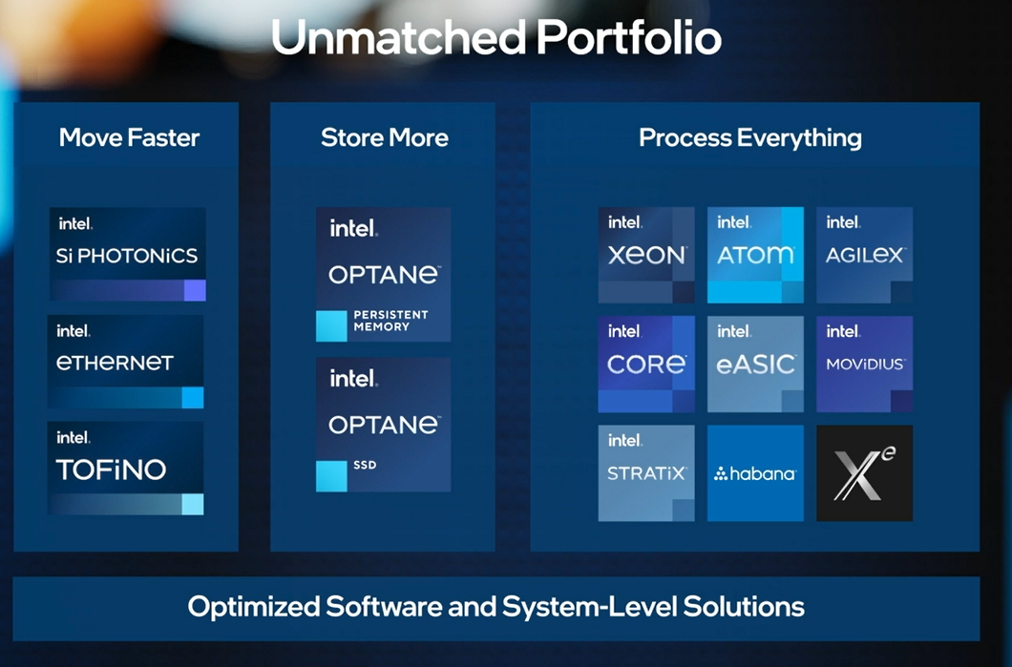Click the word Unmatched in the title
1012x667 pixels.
click(x=399, y=37)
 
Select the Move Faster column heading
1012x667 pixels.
click(x=129, y=137)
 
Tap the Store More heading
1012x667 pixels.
click(x=385, y=137)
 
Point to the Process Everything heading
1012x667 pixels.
click(x=750, y=138)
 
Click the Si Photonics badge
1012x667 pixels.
click(x=127, y=254)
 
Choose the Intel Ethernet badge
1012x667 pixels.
click(x=126, y=362)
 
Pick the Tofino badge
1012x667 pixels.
click(x=126, y=468)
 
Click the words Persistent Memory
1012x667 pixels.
click(x=390, y=321)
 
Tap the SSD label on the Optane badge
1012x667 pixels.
click(x=365, y=465)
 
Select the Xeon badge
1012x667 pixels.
click(x=646, y=255)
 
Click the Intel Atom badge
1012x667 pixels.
click(x=755, y=255)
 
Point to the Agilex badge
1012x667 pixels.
click(x=864, y=255)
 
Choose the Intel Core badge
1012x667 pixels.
click(x=646, y=364)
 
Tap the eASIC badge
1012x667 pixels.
click(x=755, y=364)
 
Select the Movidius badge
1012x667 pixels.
click(x=864, y=364)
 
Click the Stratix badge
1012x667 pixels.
click(x=646, y=473)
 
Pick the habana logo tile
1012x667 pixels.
click(x=755, y=473)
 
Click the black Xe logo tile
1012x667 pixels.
click(x=864, y=473)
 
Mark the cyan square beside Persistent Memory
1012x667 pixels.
click(x=331, y=325)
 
